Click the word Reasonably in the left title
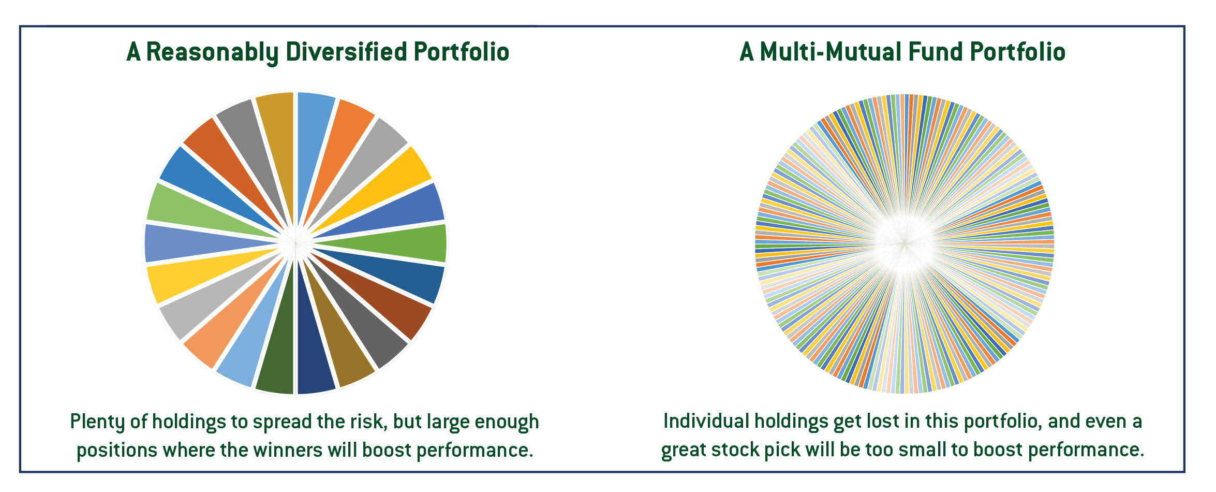coord(212,52)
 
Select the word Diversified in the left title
coord(346,52)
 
